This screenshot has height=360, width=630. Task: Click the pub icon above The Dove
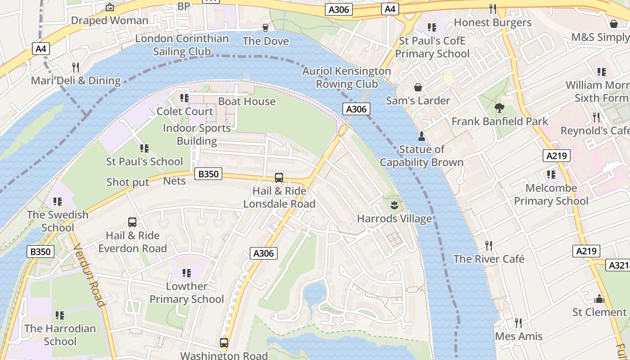[x=265, y=28]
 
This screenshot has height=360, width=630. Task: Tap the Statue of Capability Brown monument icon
[x=422, y=136]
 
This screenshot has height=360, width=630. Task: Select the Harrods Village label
[x=394, y=219]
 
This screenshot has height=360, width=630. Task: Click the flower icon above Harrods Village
[x=394, y=206]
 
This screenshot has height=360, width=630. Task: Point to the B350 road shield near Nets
[x=208, y=174]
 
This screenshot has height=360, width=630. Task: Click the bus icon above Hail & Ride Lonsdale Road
[x=279, y=178]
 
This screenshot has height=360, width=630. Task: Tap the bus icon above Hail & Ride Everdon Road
[x=132, y=222]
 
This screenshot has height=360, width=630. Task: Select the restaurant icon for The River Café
[x=489, y=246]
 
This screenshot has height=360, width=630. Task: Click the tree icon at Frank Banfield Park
[x=499, y=108]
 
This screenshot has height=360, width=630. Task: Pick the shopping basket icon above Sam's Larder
[x=418, y=87]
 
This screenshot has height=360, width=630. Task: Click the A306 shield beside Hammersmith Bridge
[x=356, y=109]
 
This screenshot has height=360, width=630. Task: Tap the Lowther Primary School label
[x=187, y=292]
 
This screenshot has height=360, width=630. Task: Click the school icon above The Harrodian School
[x=60, y=315]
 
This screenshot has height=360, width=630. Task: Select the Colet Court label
[x=185, y=111]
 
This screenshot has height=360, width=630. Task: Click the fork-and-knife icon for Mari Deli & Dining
[x=76, y=67]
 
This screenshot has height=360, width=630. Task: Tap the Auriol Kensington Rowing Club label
[x=346, y=77]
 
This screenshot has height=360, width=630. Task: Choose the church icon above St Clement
[x=599, y=299]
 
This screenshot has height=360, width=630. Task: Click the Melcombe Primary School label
[x=551, y=194]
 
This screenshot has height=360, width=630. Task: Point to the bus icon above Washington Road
[x=224, y=343]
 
